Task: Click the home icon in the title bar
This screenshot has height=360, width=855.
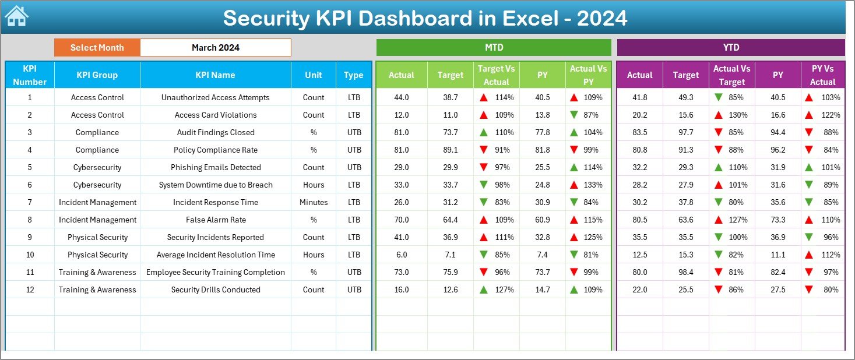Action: (x=16, y=16)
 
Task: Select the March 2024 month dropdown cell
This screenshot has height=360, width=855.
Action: (x=215, y=48)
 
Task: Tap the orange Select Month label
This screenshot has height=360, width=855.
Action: (x=97, y=48)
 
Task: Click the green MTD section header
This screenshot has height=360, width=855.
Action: (x=494, y=47)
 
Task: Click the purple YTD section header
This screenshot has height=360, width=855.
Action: (x=731, y=47)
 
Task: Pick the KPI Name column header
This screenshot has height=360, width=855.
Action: (x=215, y=75)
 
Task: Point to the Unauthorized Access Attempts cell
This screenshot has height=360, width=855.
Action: (x=215, y=97)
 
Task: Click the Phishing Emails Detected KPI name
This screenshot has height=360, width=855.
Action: (x=215, y=167)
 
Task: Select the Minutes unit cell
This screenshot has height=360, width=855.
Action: (x=314, y=202)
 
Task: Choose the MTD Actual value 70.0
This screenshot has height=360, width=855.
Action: (x=401, y=220)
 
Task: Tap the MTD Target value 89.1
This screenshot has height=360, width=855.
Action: (x=450, y=150)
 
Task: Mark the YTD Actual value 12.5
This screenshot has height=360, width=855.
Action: (x=639, y=255)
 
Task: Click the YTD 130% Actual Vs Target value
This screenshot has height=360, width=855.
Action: (x=738, y=115)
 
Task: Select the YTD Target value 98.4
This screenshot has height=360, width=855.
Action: (x=685, y=272)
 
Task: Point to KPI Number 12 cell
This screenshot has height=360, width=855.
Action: (x=30, y=290)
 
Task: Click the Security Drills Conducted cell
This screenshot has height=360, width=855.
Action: (x=215, y=290)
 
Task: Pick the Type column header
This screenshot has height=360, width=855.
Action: (x=353, y=75)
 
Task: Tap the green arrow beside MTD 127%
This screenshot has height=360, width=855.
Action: (x=484, y=290)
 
